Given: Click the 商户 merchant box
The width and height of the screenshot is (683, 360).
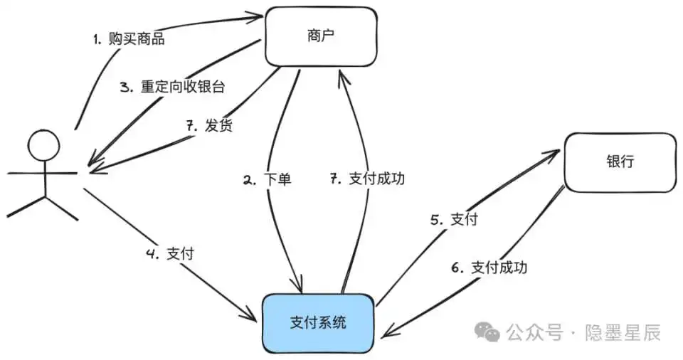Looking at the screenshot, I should (x=320, y=36).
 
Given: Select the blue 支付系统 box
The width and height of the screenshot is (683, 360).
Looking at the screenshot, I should (x=319, y=322).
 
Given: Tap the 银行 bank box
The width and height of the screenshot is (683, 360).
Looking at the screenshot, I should (x=620, y=162).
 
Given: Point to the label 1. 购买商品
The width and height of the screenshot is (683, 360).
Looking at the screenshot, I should (x=129, y=39).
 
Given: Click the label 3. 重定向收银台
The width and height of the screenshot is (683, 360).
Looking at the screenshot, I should (x=172, y=88).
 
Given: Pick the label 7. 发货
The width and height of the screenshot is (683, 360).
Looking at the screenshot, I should (x=208, y=126).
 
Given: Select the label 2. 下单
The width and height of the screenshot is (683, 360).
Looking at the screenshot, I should (x=267, y=180).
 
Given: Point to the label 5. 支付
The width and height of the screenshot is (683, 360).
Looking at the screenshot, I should (x=453, y=220).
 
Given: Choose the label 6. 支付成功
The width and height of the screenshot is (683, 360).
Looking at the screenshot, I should (x=489, y=268).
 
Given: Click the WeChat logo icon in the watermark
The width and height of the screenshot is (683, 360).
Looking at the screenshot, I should (x=487, y=332).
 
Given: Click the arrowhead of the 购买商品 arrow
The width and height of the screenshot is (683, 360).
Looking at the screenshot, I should (x=259, y=14).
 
